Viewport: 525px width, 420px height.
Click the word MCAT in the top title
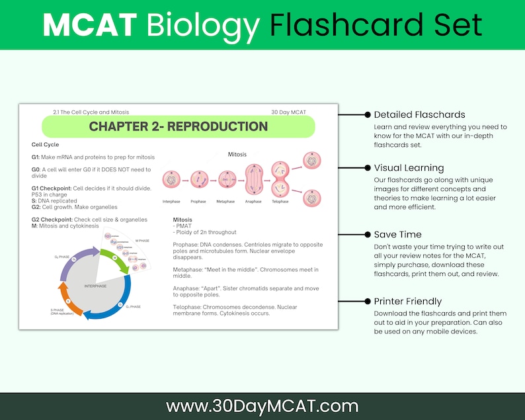pyautogui.click(x=90, y=24)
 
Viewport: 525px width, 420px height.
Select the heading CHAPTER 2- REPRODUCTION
pyautogui.click(x=179, y=126)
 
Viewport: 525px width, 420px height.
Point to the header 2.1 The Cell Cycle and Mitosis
pyautogui.click(x=91, y=112)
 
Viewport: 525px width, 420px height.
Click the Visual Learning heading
pyautogui.click(x=409, y=168)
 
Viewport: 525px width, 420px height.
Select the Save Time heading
pyautogui.click(x=397, y=234)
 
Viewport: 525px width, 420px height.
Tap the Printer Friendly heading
pyautogui.click(x=408, y=300)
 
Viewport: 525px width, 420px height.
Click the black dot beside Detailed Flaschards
pyautogui.click(x=368, y=114)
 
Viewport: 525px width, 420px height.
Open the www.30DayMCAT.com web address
pyautogui.click(x=262, y=405)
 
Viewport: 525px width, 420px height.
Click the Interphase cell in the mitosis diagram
pyautogui.click(x=171, y=178)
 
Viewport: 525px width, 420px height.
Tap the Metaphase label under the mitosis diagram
pyautogui.click(x=225, y=201)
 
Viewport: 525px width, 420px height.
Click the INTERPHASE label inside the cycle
pyautogui.click(x=95, y=286)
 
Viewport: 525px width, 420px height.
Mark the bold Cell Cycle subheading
pyautogui.click(x=46, y=144)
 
